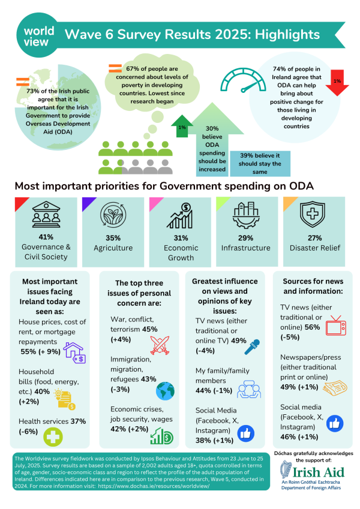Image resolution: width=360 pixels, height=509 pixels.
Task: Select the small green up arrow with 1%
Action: click(x=181, y=127)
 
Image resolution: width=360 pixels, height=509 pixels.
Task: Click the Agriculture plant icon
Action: click(x=113, y=216)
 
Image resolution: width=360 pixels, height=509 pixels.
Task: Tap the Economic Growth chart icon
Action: click(x=179, y=216)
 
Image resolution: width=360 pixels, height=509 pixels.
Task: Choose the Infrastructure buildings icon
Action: click(x=247, y=216)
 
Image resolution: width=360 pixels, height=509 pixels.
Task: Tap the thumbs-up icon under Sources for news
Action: click(x=335, y=424)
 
